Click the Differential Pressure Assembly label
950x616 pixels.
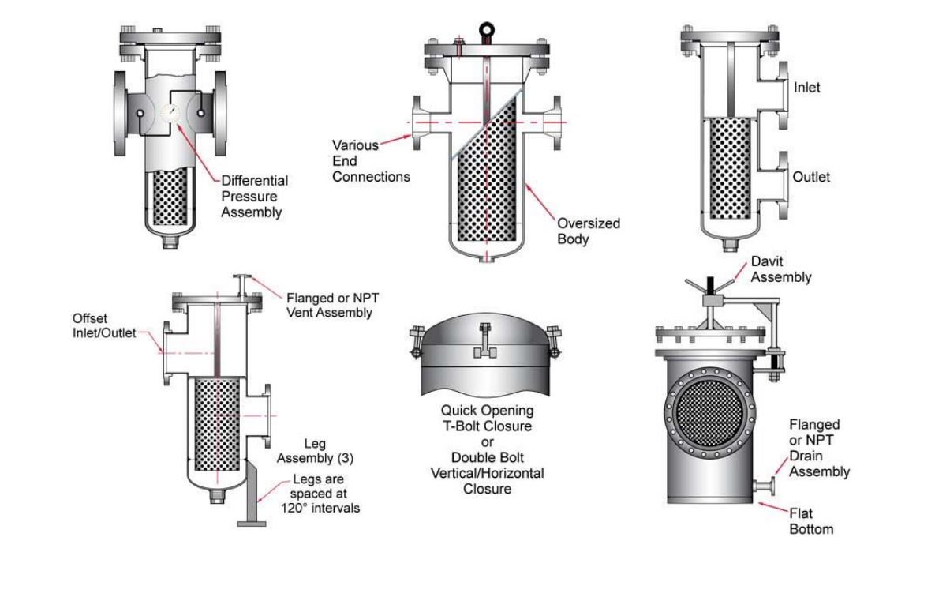(x=254, y=196)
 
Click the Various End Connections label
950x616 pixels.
(x=371, y=161)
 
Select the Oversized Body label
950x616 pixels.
(x=589, y=231)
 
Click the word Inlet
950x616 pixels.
(x=807, y=88)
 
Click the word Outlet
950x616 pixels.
(x=812, y=177)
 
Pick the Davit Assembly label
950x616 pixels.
(x=780, y=269)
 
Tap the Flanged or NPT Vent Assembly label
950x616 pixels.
(x=329, y=306)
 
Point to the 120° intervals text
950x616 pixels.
(x=326, y=508)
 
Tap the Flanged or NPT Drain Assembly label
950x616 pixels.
(x=820, y=449)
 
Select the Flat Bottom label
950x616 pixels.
(x=811, y=521)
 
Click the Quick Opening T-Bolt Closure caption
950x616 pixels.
(x=487, y=419)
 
